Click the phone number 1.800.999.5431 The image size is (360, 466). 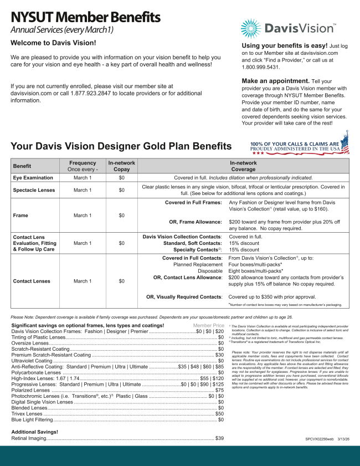(x=260, y=67)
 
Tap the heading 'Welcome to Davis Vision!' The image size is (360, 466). (x=53, y=43)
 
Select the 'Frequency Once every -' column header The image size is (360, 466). (x=83, y=166)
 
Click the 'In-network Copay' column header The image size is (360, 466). (x=121, y=166)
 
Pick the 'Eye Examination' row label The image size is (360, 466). (x=33, y=178)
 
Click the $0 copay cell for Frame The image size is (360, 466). (x=121, y=215)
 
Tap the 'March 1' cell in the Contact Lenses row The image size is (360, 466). (x=83, y=281)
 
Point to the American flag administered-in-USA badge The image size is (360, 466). (x=299, y=147)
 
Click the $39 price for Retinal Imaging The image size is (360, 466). (x=219, y=438)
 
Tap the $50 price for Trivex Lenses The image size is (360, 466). (x=219, y=413)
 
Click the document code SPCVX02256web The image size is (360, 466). (x=320, y=438)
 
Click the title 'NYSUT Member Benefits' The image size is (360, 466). (x=86, y=17)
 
